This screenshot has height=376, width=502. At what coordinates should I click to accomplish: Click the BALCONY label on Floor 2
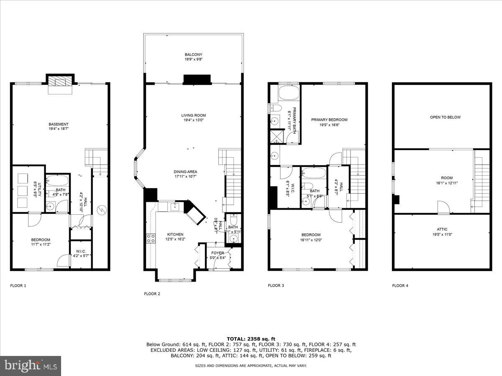click(x=193, y=55)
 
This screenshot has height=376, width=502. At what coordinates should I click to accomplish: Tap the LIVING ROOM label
click(x=193, y=115)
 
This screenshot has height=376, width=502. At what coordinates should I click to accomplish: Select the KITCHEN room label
click(x=175, y=234)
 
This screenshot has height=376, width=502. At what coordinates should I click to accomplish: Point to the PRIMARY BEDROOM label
click(x=329, y=119)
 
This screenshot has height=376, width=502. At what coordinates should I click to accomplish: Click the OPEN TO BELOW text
click(x=445, y=117)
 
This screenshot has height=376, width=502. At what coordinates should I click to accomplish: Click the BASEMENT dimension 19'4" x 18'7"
click(x=59, y=129)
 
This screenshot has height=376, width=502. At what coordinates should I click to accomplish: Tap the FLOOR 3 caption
click(x=276, y=286)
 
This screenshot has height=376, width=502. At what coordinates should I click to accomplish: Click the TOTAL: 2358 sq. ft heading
click(x=251, y=338)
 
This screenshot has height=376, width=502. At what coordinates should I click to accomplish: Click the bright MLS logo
click(x=31, y=366)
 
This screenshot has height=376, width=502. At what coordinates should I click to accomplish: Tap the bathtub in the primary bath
click(x=289, y=94)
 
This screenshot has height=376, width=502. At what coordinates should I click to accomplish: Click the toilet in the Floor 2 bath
click(x=234, y=220)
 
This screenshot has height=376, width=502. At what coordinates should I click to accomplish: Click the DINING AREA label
click(x=185, y=172)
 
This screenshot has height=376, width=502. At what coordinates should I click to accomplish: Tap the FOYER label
click(x=218, y=253)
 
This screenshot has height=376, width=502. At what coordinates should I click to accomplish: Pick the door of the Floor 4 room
click(x=443, y=208)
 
